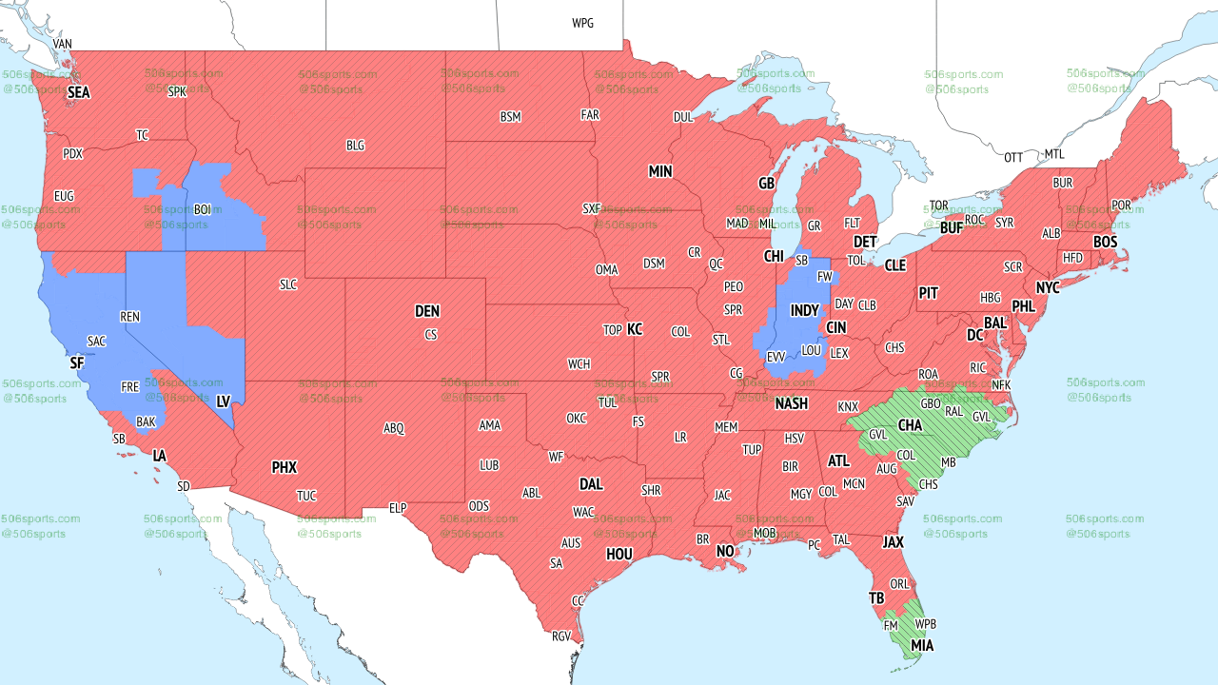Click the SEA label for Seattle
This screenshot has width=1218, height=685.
pos(78,93)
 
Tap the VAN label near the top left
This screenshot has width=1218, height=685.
pos(63,45)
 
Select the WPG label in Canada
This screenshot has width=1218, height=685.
pos(582,23)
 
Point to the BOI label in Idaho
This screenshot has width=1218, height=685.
pos(202,209)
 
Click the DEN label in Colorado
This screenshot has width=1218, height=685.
pos(427,311)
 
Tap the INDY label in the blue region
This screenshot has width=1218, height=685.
pos(804,311)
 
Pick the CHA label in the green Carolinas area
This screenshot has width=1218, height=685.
pos(910,424)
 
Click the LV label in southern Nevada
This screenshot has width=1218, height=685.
pos(224,402)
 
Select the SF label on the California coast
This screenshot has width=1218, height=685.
pos(77,362)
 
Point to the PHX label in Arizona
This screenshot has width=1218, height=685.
pos(284,467)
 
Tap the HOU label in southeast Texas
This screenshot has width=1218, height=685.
pos(619,554)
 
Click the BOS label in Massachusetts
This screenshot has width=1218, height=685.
pos(1105,243)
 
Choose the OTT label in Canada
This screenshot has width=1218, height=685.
pos(1013,157)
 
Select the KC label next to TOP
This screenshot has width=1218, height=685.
pos(635,329)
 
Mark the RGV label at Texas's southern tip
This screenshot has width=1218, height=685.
pos(560,636)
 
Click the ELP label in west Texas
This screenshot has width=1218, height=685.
pos(398,508)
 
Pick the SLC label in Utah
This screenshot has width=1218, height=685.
pos(288,284)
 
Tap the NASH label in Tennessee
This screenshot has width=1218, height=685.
pos(791,403)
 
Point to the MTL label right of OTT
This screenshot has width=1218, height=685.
pos(1054,154)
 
